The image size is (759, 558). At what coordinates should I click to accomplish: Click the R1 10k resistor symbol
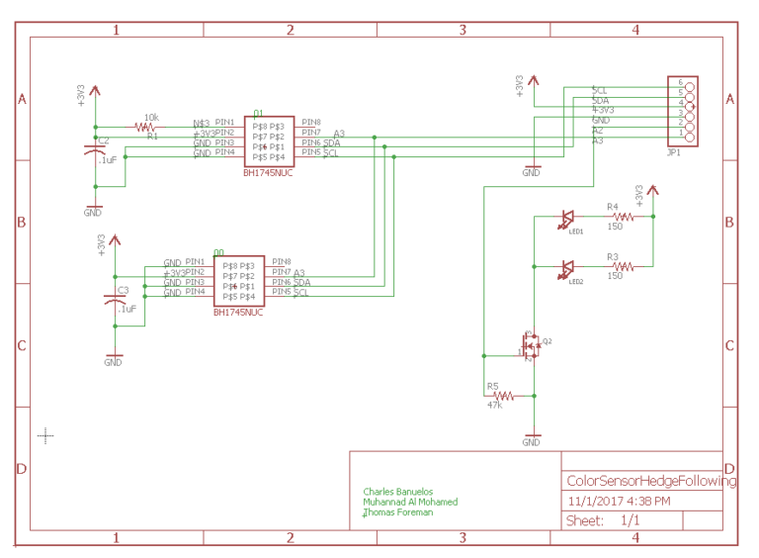[x=147, y=127]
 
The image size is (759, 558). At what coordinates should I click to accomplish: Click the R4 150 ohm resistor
[x=623, y=216]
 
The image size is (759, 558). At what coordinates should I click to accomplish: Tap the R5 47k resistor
[x=497, y=395]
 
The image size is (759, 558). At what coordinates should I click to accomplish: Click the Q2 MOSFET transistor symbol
[x=531, y=345]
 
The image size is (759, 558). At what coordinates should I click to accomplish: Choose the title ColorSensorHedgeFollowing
[x=651, y=482]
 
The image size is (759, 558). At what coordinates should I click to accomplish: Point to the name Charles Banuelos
[x=397, y=492]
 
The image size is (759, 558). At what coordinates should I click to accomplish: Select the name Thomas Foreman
[x=398, y=512]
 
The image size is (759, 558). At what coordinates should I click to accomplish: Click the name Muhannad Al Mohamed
[x=410, y=502]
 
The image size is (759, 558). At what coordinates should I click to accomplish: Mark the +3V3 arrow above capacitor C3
[x=115, y=241]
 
